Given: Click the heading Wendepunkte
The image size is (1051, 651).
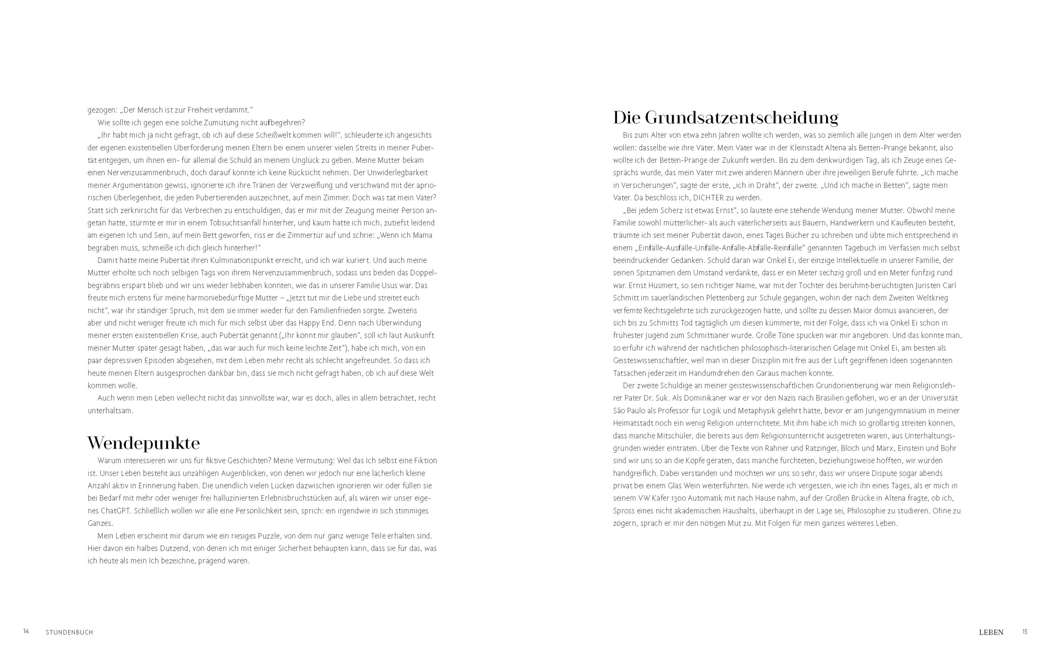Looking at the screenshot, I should click(143, 443).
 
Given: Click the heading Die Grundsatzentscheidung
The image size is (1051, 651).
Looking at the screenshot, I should click(725, 117).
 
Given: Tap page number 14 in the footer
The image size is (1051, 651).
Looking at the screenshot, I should click(26, 632).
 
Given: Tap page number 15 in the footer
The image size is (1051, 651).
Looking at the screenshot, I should click(1025, 632).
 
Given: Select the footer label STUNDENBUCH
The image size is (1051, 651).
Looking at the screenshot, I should click(69, 633).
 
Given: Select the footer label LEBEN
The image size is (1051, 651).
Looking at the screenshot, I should click(991, 633).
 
